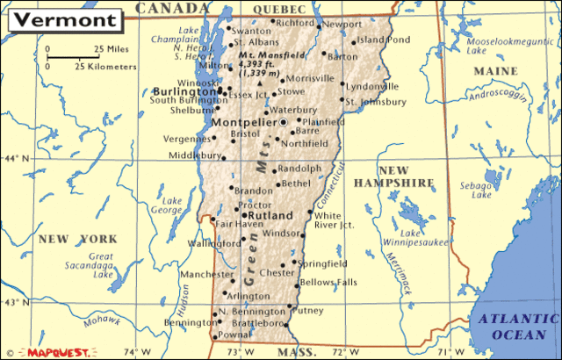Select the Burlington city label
tap(184, 90)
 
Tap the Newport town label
tap(342, 25)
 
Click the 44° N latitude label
tap(15, 159)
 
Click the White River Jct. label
tap(334, 220)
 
